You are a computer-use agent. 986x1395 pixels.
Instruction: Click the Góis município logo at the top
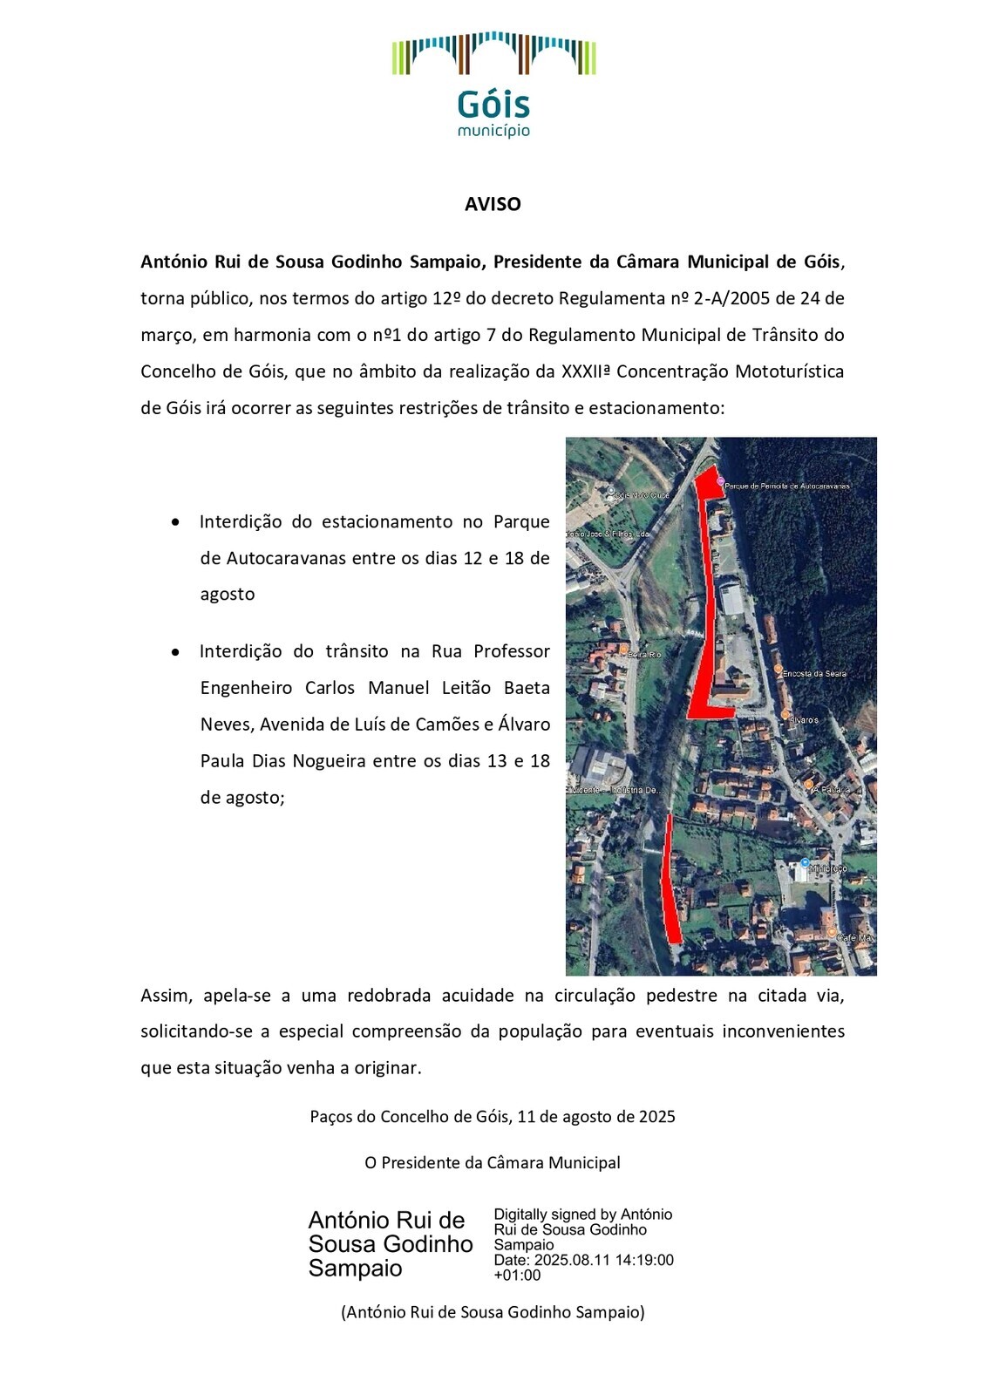pyautogui.click(x=493, y=85)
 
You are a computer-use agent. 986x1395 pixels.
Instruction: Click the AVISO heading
pyautogui.click(x=493, y=204)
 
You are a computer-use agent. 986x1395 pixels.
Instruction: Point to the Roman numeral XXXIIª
pyautogui.click(x=586, y=371)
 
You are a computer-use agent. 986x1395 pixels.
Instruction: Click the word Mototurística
pyautogui.click(x=789, y=371)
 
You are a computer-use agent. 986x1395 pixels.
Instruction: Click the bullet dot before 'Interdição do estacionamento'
pyautogui.click(x=177, y=522)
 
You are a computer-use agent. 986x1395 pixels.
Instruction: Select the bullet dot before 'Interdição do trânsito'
pyautogui.click(x=177, y=651)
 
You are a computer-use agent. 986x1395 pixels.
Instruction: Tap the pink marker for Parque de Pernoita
pyautogui.click(x=719, y=481)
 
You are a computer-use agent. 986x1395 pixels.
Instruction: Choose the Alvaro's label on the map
pyautogui.click(x=803, y=720)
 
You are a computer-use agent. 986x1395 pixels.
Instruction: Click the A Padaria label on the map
pyautogui.click(x=830, y=790)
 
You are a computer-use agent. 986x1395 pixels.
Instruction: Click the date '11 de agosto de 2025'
pyautogui.click(x=596, y=1117)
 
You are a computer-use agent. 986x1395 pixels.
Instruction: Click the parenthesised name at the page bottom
pyautogui.click(x=493, y=1312)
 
